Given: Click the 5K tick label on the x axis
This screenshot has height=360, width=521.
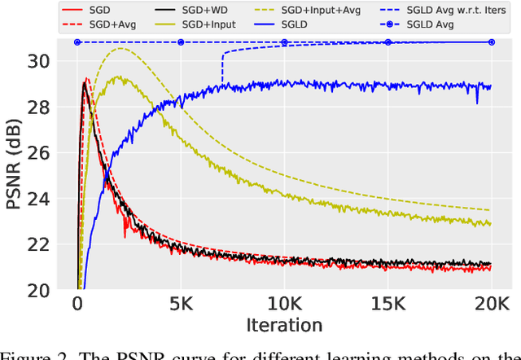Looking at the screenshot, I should click(181, 304).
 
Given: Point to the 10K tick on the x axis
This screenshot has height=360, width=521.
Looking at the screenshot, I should click(284, 304).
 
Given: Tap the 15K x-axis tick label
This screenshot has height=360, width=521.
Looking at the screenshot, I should click(387, 304).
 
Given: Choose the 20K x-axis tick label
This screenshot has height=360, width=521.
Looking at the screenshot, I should click(491, 304).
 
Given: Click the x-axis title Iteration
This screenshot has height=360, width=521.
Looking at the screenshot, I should click(284, 325).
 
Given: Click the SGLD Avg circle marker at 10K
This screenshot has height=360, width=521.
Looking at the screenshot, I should click(284, 42).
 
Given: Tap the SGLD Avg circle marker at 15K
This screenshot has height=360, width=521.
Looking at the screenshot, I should click(387, 42).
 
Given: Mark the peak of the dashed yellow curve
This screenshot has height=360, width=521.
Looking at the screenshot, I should click(120, 48).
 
